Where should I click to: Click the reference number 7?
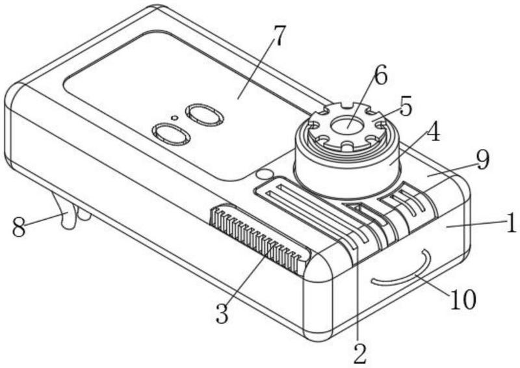[x=278, y=38]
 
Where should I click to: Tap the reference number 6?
[x=380, y=76]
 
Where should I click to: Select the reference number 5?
[x=406, y=107]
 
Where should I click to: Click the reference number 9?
[x=482, y=160]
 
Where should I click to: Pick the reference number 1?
[x=510, y=224]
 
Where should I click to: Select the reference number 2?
[x=360, y=353]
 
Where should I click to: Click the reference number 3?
[x=222, y=313]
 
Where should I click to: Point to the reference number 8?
[x=19, y=228]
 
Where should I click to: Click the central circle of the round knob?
[x=350, y=124]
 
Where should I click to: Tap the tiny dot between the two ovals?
[x=174, y=118]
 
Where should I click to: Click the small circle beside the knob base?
[x=263, y=174]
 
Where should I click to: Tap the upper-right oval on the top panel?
[x=205, y=115]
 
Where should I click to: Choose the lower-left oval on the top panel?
[x=170, y=134]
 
